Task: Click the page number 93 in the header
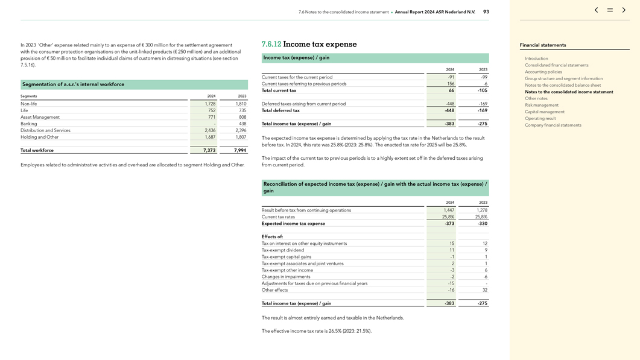pyautogui.click(x=486, y=12)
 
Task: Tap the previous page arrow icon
pyautogui.click(x=596, y=10)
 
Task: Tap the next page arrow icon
pyautogui.click(x=624, y=10)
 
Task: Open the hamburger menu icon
pyautogui.click(x=610, y=10)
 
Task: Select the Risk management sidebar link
pyautogui.click(x=542, y=105)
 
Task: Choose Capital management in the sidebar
pyautogui.click(x=545, y=112)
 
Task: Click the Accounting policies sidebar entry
pyautogui.click(x=543, y=72)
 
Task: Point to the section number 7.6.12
pyautogui.click(x=271, y=45)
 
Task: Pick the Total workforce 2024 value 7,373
pyautogui.click(x=209, y=151)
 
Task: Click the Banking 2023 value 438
pyautogui.click(x=242, y=124)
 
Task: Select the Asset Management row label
pyautogui.click(x=40, y=117)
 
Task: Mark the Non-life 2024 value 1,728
pyautogui.click(x=210, y=104)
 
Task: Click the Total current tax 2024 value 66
pyautogui.click(x=451, y=90)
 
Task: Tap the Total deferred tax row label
pyautogui.click(x=280, y=110)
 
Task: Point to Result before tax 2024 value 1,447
pyautogui.click(x=449, y=210)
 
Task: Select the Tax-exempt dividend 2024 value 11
pyautogui.click(x=452, y=250)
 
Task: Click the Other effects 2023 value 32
pyautogui.click(x=484, y=290)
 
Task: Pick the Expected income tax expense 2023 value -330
pyautogui.click(x=482, y=224)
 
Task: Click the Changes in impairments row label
pyautogui.click(x=287, y=277)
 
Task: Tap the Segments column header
pyautogui.click(x=29, y=96)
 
